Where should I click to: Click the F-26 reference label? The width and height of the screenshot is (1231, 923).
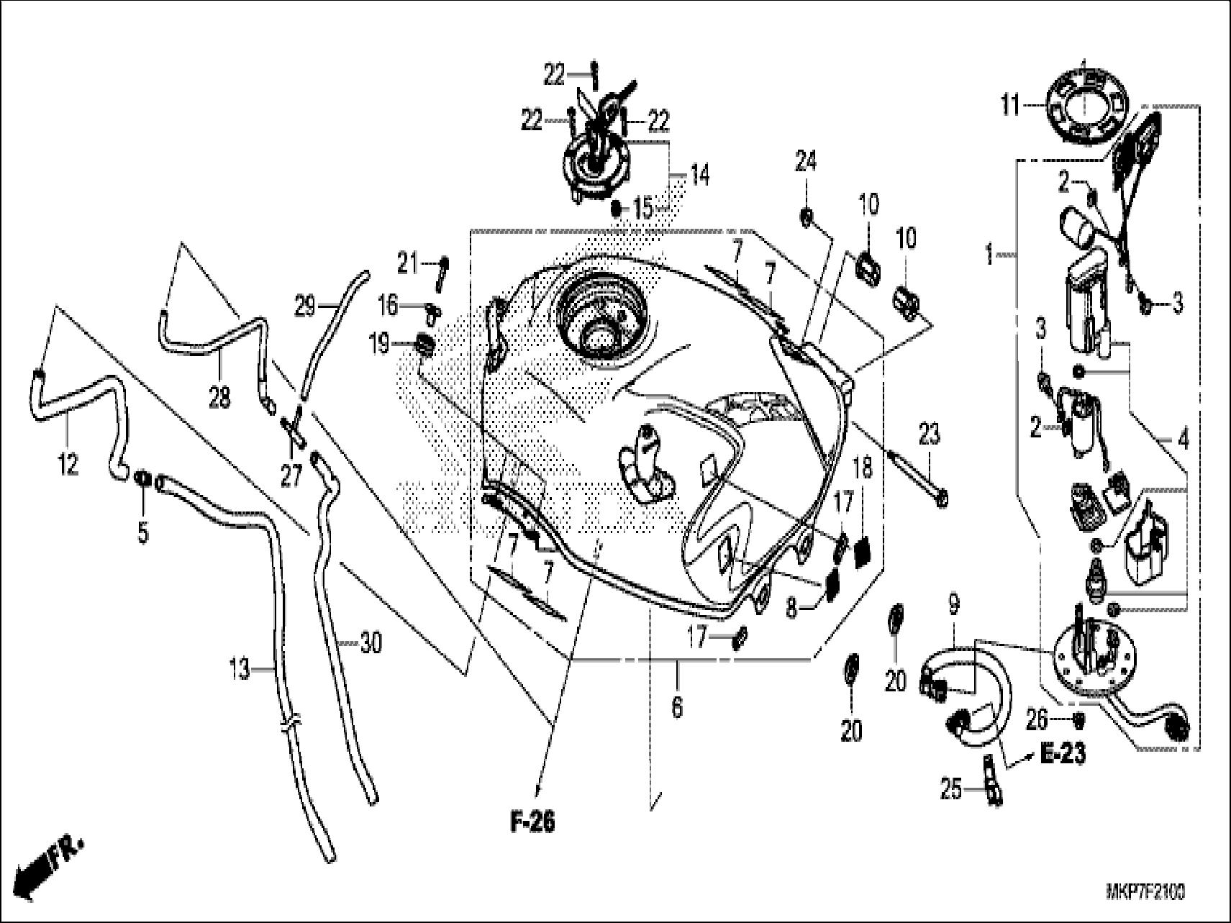point(533,822)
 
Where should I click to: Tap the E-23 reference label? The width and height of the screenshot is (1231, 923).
point(1063,754)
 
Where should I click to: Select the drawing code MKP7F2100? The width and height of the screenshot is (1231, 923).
point(1145,893)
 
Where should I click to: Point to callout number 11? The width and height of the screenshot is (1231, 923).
point(1010,107)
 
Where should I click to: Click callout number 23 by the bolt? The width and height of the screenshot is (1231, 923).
point(929,435)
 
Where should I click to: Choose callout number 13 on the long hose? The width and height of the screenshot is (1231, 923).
point(240,670)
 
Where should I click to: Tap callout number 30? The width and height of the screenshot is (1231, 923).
point(371,642)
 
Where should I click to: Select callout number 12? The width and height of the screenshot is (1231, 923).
point(68,465)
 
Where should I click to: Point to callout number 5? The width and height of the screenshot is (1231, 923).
point(143,533)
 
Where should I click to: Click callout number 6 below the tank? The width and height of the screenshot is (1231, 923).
point(676,707)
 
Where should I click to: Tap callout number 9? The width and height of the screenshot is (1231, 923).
point(954,606)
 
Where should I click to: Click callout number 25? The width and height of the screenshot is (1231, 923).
point(951,790)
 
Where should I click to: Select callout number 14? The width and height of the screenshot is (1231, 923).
point(699,175)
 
